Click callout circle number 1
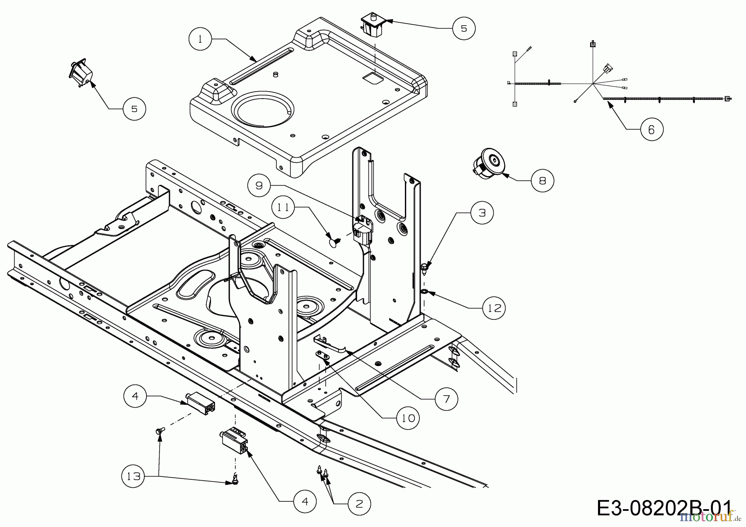click(200, 39)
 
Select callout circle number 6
click(652, 130)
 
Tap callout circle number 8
click(543, 180)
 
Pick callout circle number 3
click(482, 213)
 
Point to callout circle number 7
click(446, 399)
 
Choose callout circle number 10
click(408, 418)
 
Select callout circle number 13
click(133, 476)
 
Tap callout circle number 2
click(359, 503)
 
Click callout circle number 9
click(259, 185)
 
